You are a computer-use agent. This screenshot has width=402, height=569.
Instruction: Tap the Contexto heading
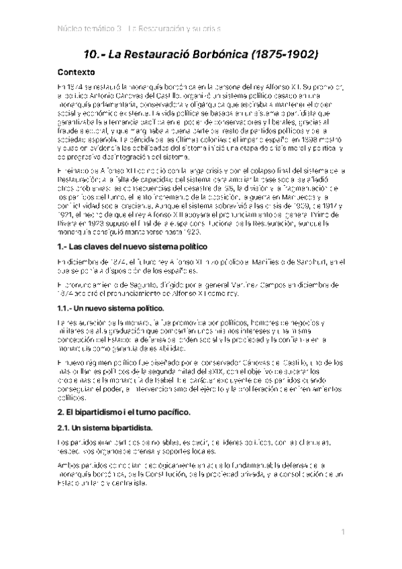tap(76, 72)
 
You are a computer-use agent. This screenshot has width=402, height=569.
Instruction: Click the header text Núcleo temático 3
tap(87, 28)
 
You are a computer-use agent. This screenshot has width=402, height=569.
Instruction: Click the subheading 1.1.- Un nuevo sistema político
tap(111, 307)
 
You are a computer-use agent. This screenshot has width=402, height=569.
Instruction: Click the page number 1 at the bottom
tap(342, 531)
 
